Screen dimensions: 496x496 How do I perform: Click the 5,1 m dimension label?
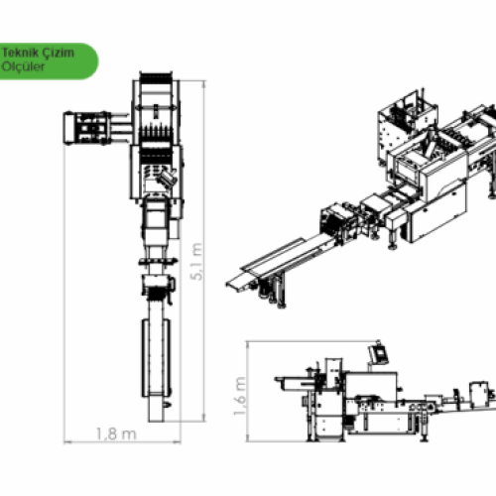(196, 262)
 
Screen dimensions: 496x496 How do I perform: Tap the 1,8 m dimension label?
(116, 434)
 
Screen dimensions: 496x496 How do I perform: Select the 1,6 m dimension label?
(240, 396)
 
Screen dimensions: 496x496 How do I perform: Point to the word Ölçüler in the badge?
(23, 66)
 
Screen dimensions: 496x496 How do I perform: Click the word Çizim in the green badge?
(60, 54)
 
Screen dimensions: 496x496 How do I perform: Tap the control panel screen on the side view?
(378, 353)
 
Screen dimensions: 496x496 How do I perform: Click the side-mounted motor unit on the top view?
(86, 128)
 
